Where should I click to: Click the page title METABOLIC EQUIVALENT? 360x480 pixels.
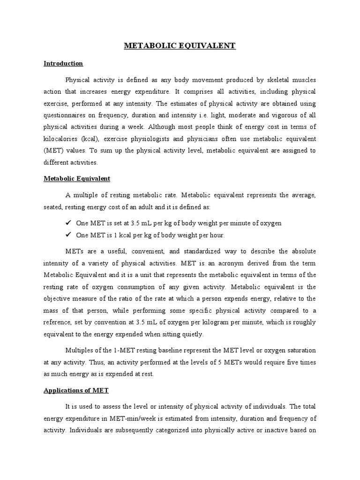click(x=180, y=45)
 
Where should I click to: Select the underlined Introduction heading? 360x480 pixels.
click(x=63, y=63)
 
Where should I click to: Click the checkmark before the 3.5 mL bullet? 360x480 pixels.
click(x=68, y=223)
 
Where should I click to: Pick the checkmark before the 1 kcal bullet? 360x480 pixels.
click(x=68, y=235)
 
